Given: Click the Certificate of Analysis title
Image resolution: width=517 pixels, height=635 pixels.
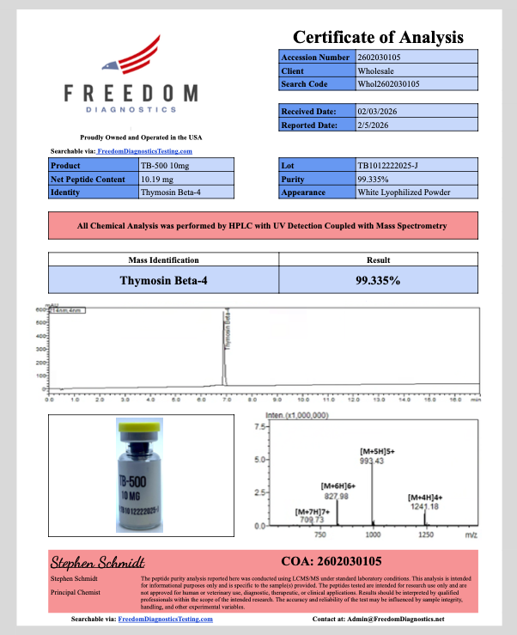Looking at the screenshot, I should pyautogui.click(x=378, y=37).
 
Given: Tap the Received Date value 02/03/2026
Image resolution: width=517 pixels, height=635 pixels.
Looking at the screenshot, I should pyautogui.click(x=377, y=111).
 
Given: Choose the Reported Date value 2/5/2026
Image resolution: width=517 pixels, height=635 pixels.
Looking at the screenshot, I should pyautogui.click(x=374, y=125).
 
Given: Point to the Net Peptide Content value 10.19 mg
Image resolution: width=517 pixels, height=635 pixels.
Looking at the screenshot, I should pyautogui.click(x=157, y=179).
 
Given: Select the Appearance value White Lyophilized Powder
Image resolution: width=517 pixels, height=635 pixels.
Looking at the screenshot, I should pyautogui.click(x=403, y=192).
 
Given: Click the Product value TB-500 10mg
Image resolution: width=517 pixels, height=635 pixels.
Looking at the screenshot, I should pyautogui.click(x=162, y=165).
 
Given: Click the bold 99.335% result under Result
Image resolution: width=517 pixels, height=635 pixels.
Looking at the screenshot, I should pyautogui.click(x=378, y=280).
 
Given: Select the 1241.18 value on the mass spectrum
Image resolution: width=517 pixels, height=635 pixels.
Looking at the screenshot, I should pyautogui.click(x=423, y=507).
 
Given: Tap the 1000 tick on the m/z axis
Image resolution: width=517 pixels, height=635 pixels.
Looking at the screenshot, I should pyautogui.click(x=373, y=534).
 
